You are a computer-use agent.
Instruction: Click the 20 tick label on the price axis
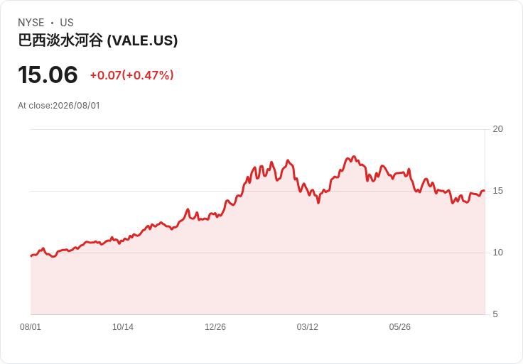(x=497, y=129)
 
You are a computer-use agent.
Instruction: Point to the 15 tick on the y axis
(x=497, y=191)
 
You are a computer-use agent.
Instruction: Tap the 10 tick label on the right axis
(x=497, y=253)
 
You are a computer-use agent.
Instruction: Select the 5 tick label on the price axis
(x=495, y=314)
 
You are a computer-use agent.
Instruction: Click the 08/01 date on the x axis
(x=31, y=327)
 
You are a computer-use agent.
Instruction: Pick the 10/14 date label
(x=123, y=327)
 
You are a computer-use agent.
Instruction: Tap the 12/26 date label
(x=215, y=327)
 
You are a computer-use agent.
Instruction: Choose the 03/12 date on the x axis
(x=307, y=327)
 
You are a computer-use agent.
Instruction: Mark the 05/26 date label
(x=399, y=327)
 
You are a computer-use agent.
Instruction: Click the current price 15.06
(x=48, y=75)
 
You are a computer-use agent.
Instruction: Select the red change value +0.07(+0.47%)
(x=131, y=75)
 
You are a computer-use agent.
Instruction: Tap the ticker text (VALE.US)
(x=142, y=40)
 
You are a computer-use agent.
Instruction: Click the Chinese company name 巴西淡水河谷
(x=60, y=40)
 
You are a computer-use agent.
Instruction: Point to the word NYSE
(x=31, y=23)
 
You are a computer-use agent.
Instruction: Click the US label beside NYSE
(x=67, y=23)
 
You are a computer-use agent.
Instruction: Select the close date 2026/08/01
(x=76, y=106)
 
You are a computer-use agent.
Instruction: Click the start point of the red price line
(x=31, y=255)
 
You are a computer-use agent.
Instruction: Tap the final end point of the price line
(x=485, y=191)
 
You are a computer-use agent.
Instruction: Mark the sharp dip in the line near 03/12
(x=318, y=202)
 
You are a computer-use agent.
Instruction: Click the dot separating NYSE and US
(x=53, y=23)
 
